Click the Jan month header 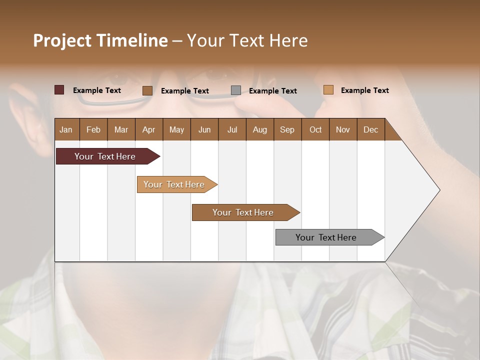[x=66, y=129]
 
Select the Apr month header [x=148, y=129]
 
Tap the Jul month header [x=232, y=129]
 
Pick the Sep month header [x=287, y=129]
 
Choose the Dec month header [x=370, y=129]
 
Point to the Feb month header [x=93, y=129]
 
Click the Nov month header [x=342, y=129]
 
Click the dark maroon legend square [x=59, y=90]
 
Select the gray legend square [x=236, y=90]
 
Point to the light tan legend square [x=328, y=90]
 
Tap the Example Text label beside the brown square [x=184, y=91]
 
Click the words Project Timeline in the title [x=100, y=40]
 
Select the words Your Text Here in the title [x=247, y=40]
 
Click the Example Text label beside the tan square [x=364, y=90]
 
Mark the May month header [x=176, y=129]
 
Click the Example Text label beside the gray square [x=272, y=91]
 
